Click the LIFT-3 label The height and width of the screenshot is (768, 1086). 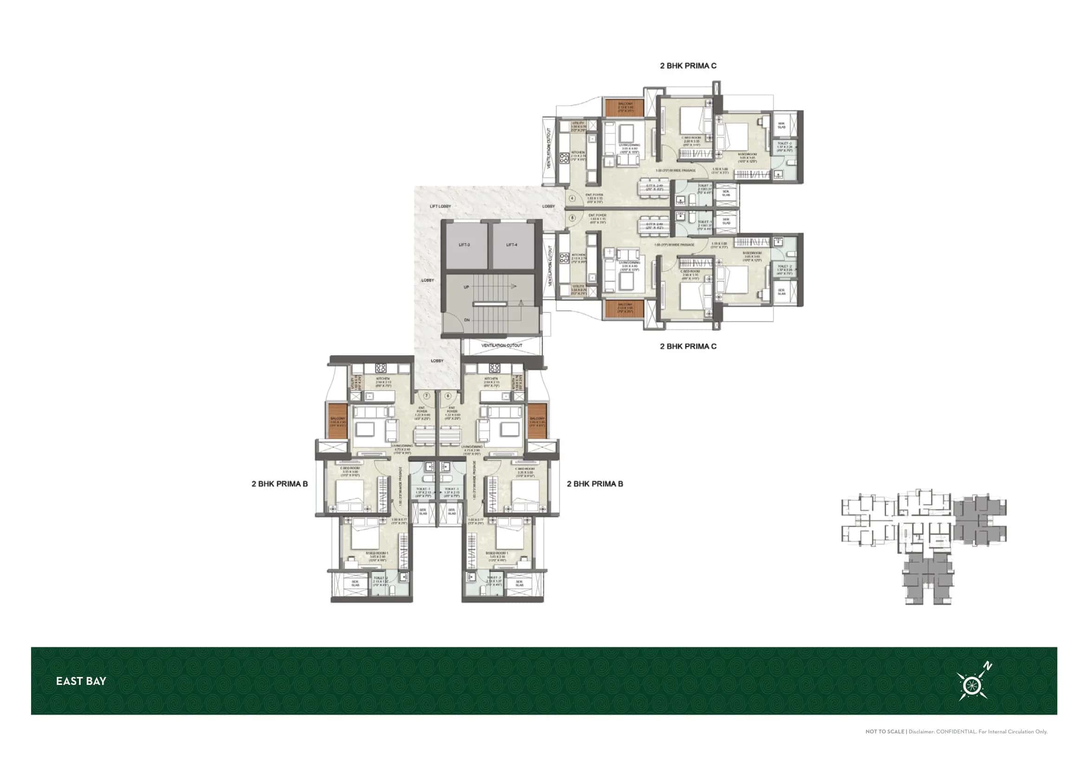[x=464, y=245]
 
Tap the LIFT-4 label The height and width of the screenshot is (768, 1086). [x=511, y=245]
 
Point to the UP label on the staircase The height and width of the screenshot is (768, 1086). [x=466, y=287]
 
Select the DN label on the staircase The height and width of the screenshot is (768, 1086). [x=467, y=320]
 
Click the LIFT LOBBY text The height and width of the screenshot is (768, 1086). [x=440, y=206]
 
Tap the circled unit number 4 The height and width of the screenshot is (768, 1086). [x=572, y=199]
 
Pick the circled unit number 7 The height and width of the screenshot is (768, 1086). [x=426, y=395]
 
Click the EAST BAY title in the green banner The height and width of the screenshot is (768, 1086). [x=81, y=681]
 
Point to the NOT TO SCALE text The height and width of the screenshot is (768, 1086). [x=884, y=732]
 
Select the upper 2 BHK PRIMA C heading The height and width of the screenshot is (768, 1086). [x=688, y=66]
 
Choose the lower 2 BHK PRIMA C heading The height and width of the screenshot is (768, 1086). [x=688, y=347]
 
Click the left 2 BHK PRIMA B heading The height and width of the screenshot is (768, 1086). [x=280, y=484]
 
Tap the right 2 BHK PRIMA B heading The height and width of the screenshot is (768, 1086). [x=595, y=484]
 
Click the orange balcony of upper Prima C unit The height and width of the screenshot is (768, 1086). [x=625, y=108]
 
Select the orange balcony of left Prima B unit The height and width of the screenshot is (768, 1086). [x=338, y=421]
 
